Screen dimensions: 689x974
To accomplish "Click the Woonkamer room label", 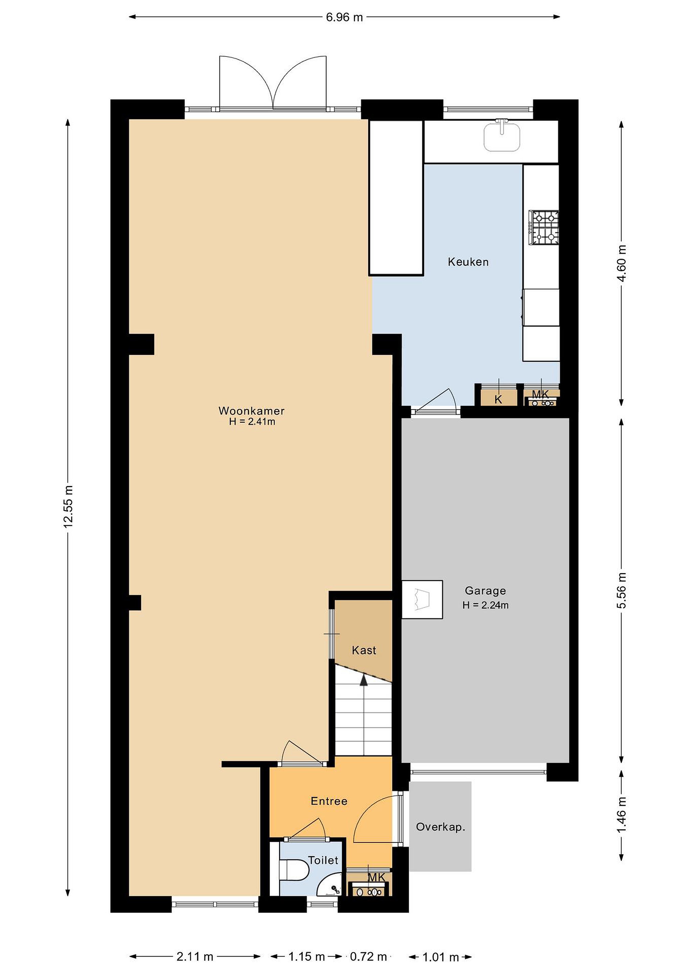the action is [251, 411].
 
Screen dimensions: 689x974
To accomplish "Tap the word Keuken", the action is [468, 262].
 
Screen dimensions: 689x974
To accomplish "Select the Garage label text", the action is [485, 590].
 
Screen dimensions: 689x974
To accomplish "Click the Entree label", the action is [329, 801].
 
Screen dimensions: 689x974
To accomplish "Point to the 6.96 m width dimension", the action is [344, 17].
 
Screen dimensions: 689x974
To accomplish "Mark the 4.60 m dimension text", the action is [622, 263].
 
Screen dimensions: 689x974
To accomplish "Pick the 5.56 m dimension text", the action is [622, 590].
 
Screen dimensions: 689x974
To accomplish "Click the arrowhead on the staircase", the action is [364, 680].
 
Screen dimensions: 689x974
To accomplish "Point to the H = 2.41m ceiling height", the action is [252, 422].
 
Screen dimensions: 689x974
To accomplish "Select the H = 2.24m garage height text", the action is [485, 605].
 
